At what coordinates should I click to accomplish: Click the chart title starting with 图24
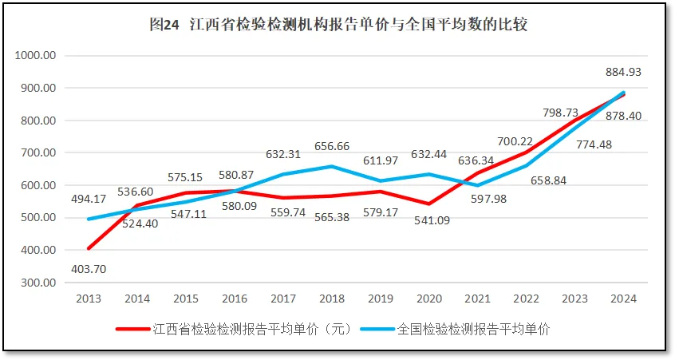click(337, 25)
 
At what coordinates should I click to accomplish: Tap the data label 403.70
click(89, 269)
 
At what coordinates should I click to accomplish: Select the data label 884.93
click(623, 72)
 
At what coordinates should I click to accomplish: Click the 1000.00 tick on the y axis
click(34, 56)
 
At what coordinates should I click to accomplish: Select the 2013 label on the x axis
click(89, 299)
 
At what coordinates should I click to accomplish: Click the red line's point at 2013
click(89, 248)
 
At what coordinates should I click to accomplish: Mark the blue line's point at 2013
click(89, 219)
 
